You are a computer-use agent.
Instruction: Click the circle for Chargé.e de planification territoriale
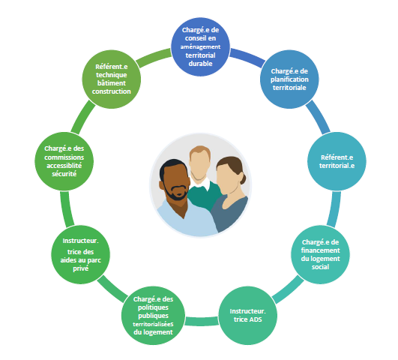(289, 79)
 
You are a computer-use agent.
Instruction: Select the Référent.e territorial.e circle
(337, 161)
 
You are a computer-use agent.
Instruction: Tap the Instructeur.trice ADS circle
(248, 316)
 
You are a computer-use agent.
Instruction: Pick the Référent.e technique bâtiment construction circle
(112, 79)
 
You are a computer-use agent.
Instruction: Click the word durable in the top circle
(201, 64)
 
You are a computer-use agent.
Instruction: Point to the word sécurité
(64, 174)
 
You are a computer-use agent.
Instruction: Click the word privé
(81, 268)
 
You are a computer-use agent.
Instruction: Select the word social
(320, 267)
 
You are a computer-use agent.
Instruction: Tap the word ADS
(254, 319)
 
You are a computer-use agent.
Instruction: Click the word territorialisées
(153, 324)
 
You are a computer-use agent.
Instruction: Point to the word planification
(289, 79)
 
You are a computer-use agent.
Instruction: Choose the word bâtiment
(112, 83)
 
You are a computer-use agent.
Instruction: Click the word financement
(320, 250)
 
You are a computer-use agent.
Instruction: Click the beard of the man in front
(176, 192)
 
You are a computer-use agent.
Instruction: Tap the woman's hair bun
(243, 179)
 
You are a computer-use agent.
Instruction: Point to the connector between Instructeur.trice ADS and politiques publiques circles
(202, 322)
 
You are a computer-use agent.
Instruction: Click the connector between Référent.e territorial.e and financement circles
(334, 208)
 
